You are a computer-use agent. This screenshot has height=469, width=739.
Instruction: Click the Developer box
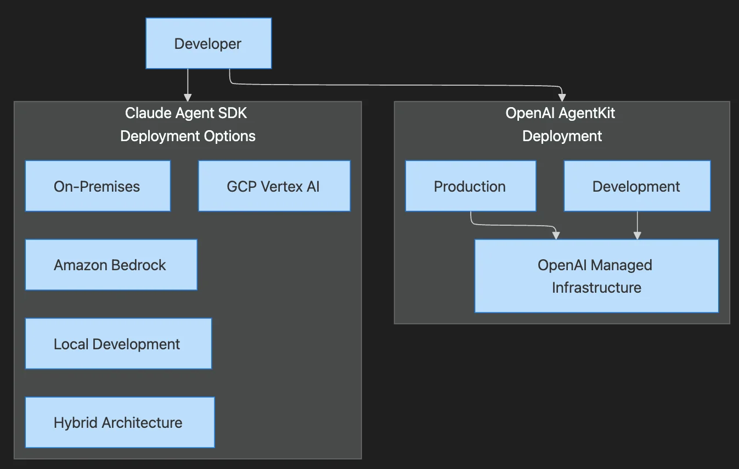point(208,43)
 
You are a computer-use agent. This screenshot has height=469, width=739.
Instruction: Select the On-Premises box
point(98,186)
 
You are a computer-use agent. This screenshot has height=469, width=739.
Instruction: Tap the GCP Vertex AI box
point(274,186)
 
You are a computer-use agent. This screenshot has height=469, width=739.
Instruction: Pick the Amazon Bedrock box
point(111,265)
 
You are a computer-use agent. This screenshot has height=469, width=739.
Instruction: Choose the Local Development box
point(118,344)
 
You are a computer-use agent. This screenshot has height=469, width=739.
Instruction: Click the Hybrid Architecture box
point(120,422)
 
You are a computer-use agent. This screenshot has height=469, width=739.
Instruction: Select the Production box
point(470,186)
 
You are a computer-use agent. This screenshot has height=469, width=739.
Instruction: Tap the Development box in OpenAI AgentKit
point(637,186)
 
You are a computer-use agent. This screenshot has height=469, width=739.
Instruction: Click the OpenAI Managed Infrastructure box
point(596,276)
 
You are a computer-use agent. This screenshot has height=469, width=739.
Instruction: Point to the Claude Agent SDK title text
point(187,113)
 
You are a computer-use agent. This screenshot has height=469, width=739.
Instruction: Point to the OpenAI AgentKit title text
point(560,113)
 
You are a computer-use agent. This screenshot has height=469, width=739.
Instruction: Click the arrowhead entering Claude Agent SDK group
point(188,97)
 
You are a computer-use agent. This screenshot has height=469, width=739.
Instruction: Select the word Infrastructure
point(596,287)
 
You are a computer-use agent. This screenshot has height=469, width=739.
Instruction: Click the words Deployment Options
point(188,136)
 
